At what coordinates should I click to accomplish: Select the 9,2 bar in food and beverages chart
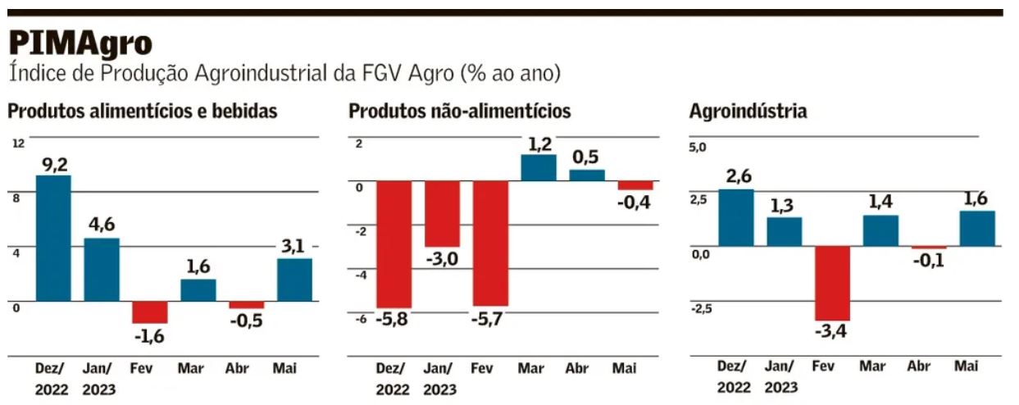click(x=53, y=238)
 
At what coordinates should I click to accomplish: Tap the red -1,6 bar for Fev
click(x=150, y=312)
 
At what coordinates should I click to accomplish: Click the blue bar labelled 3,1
click(x=294, y=280)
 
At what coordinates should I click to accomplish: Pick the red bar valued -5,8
click(x=393, y=244)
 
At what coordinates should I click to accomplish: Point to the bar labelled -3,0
click(x=442, y=213)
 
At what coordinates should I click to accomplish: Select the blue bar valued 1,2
click(x=538, y=167)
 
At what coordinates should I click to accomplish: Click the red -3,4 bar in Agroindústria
click(x=832, y=283)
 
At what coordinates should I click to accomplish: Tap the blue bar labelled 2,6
click(x=735, y=217)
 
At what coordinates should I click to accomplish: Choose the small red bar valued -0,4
click(x=635, y=185)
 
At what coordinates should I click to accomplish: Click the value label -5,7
click(x=490, y=319)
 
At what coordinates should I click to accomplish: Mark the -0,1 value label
click(x=929, y=261)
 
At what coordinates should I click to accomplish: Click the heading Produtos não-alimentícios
click(x=460, y=111)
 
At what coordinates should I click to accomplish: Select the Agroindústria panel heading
click(x=748, y=111)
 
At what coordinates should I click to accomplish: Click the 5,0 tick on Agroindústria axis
click(x=697, y=148)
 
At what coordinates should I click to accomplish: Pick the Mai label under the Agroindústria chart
click(x=966, y=367)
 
